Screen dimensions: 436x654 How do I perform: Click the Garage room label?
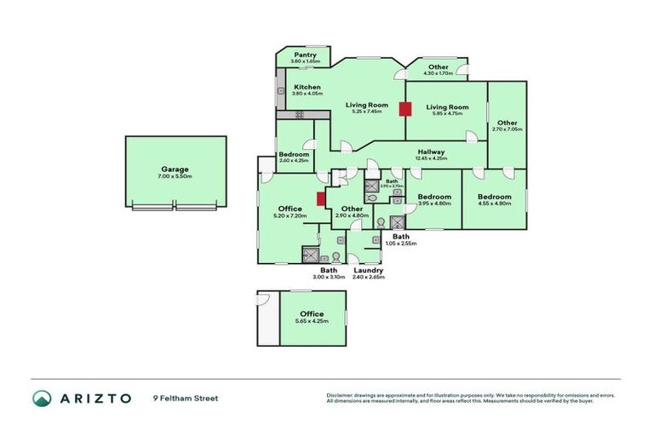coord(175,169)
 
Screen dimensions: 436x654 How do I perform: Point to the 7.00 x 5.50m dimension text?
coord(175,176)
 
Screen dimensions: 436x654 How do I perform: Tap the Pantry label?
coord(305,54)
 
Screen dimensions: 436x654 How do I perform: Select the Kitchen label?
coord(307,87)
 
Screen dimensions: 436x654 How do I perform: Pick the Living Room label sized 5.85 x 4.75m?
coord(447,106)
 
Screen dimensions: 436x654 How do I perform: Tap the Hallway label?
coord(431,152)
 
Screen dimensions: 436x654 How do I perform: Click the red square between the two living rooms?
coord(404,108)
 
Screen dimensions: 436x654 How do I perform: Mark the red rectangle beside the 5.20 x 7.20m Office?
coord(321,198)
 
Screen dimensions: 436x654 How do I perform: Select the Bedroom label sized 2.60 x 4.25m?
coord(294,154)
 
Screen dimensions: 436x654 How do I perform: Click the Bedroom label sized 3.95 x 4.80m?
coord(433,196)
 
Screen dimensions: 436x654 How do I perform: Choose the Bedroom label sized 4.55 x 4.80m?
coord(494,196)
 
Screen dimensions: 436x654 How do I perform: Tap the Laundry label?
coord(369,271)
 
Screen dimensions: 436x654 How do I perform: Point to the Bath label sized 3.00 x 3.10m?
coord(328,271)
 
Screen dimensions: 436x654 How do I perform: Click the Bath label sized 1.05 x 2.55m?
coord(400,236)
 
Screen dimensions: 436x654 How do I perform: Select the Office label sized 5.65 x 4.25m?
coord(312,314)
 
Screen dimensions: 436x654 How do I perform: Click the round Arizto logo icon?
coord(41,398)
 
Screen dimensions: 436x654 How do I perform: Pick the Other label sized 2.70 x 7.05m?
coord(508,123)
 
